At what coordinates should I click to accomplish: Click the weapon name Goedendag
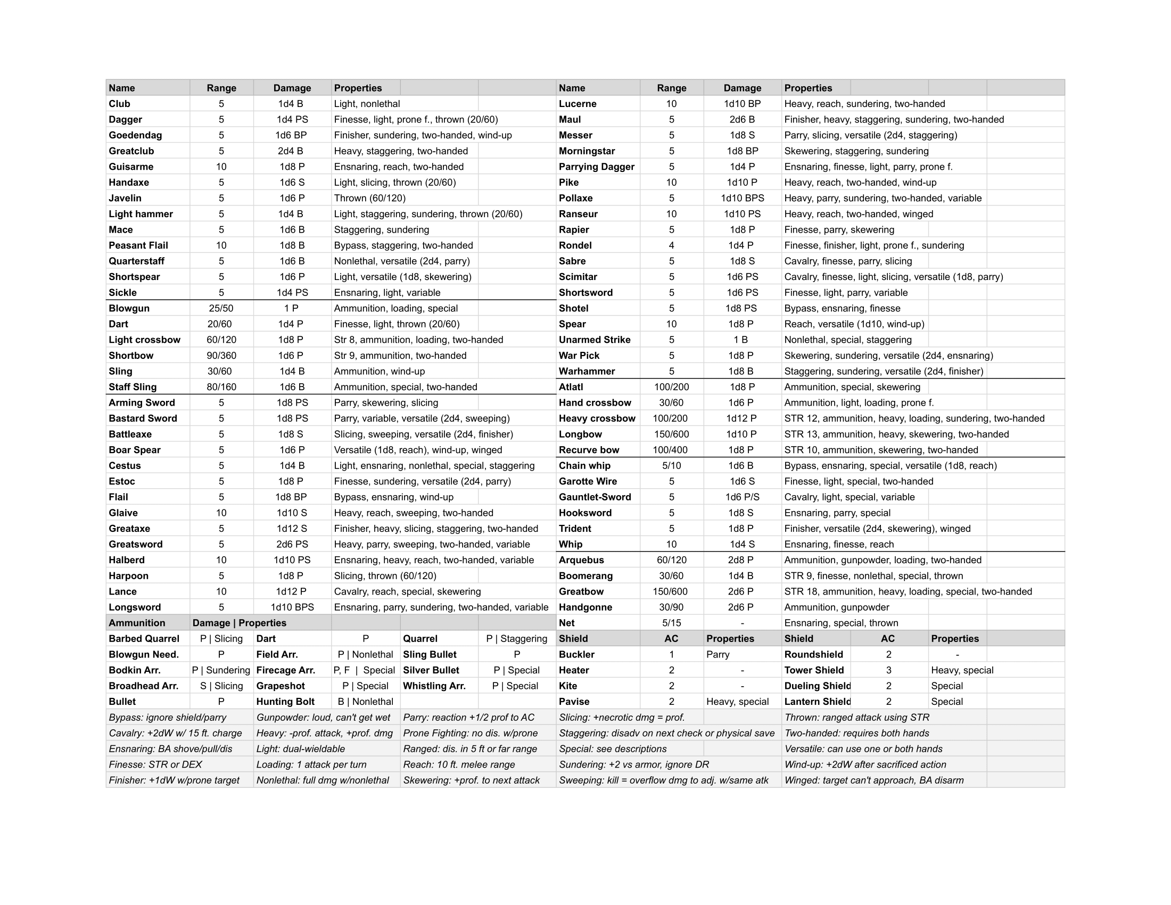tap(135, 135)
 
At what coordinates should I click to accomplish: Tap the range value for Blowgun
tap(221, 308)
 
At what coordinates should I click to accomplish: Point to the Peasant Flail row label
tap(138, 245)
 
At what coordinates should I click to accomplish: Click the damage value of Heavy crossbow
tap(741, 418)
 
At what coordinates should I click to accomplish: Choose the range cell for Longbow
tap(671, 434)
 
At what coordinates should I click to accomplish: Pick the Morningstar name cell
tap(587, 151)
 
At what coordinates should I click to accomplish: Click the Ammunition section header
tap(137, 623)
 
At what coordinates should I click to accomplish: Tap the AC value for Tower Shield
tap(888, 670)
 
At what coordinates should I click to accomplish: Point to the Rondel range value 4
tap(671, 245)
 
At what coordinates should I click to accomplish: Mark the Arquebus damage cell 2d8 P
tap(741, 560)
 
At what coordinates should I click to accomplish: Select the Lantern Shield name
tap(817, 702)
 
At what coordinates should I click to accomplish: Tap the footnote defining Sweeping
tap(663, 780)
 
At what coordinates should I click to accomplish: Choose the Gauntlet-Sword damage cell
tap(741, 497)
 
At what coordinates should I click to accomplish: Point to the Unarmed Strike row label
tap(594, 340)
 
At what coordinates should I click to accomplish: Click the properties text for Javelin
tap(369, 199)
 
